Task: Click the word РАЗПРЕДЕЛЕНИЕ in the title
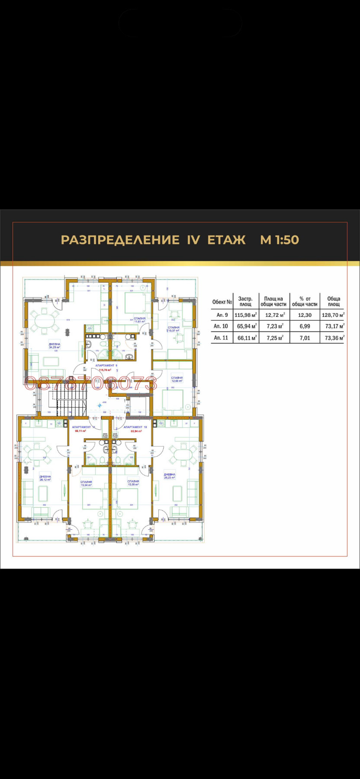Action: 120,240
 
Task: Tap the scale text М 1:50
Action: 280,240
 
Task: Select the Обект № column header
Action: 222,302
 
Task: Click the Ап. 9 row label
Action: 222,315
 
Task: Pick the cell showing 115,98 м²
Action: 246,315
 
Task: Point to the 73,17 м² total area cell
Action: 334,326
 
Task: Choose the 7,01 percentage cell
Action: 305,338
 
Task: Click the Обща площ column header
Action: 334,301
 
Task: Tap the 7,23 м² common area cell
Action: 275,326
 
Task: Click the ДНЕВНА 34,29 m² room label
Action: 55,345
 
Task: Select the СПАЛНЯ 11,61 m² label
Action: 139,320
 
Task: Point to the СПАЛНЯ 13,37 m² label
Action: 174,329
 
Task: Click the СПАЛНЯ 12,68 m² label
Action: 177,379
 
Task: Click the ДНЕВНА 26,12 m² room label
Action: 45,478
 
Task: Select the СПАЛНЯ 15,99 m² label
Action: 133,483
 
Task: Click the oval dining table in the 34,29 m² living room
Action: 44,322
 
